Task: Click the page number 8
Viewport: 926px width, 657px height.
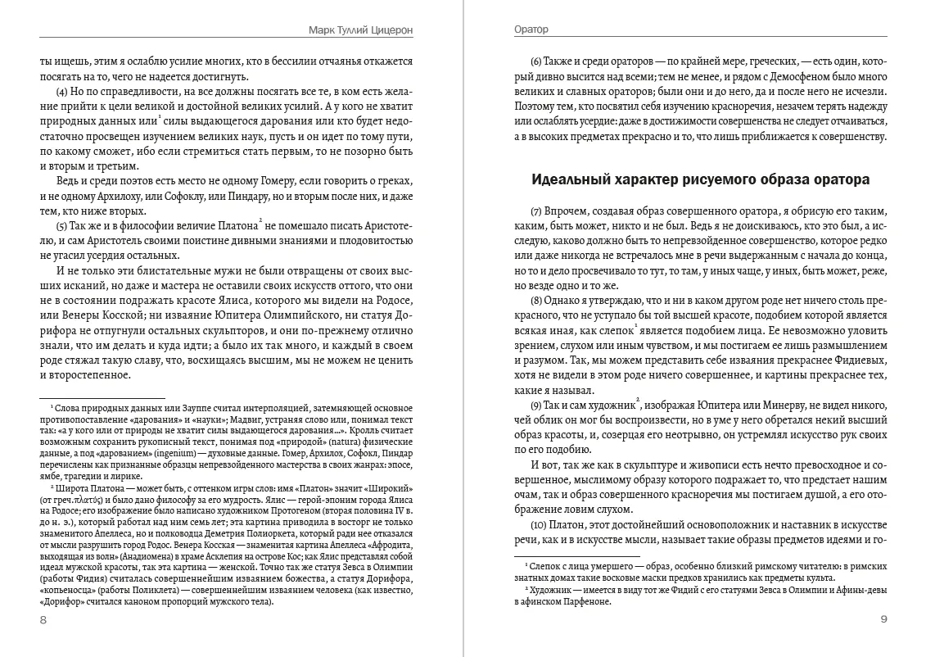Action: (43, 619)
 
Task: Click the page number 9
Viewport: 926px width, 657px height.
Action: (883, 619)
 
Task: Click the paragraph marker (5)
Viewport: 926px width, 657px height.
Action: (61, 225)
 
